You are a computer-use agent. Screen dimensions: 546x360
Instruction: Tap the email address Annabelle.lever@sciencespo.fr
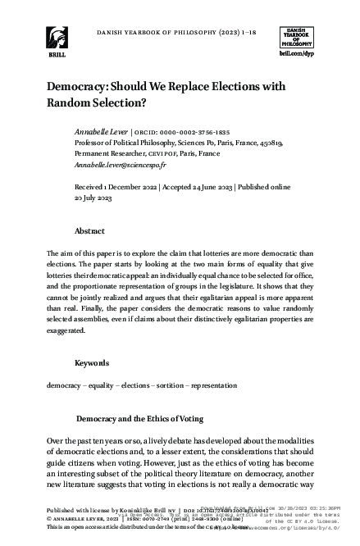119,164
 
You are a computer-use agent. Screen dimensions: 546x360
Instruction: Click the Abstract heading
89,231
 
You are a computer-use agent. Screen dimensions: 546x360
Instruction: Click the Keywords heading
91,362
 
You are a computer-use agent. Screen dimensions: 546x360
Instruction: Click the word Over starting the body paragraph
57,442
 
